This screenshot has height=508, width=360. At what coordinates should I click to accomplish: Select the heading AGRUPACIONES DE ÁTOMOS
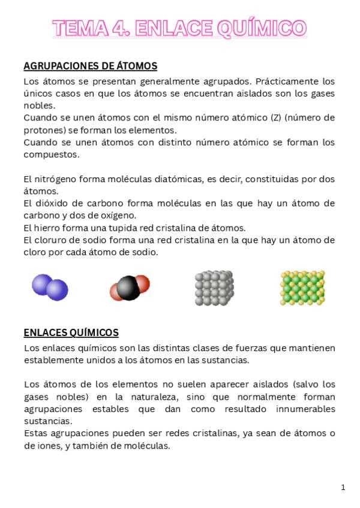pos(90,66)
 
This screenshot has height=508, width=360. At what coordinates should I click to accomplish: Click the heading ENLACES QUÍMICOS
pos(71,332)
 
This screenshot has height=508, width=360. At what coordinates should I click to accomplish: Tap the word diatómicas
pos(185,179)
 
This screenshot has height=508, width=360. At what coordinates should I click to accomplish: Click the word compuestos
pos(52,154)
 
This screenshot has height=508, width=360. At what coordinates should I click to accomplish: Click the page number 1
pos(343,487)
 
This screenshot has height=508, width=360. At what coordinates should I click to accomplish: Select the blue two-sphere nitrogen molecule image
pos(50,288)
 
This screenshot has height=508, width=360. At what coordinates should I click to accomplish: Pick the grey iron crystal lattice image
pos(214,288)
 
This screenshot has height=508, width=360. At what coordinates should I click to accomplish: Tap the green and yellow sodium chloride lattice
pos(302,288)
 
